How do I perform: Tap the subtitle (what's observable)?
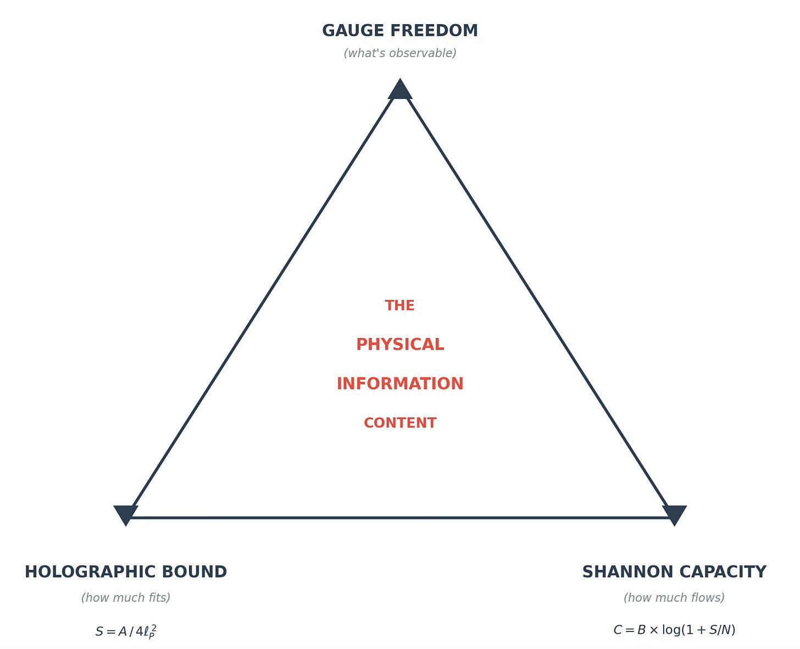click(x=400, y=53)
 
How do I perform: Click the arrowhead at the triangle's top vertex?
click(x=400, y=90)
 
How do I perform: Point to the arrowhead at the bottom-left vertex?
click(x=125, y=514)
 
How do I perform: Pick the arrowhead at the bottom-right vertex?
click(x=674, y=514)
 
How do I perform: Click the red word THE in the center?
click(x=400, y=306)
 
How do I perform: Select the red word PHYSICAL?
click(x=400, y=345)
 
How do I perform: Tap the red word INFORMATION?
click(x=400, y=384)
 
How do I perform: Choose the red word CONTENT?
click(x=400, y=423)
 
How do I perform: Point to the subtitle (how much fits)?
click(x=126, y=598)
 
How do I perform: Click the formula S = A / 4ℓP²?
click(x=126, y=631)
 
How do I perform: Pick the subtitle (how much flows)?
click(x=674, y=598)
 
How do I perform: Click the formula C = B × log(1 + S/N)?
click(x=674, y=630)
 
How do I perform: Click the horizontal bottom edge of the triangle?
click(x=400, y=518)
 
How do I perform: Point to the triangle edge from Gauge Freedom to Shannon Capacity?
click(x=537, y=303)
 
